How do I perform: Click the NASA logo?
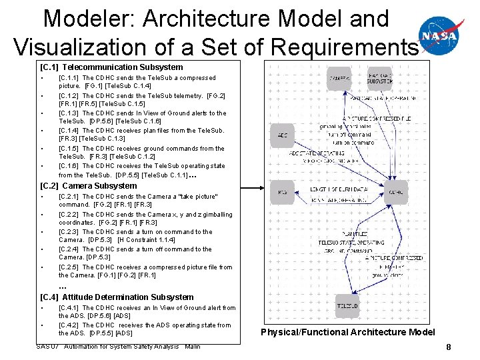tap(441, 35)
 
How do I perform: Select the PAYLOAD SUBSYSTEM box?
tap(398, 79)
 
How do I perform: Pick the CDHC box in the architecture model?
tap(397, 193)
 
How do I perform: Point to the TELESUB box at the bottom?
tap(347, 305)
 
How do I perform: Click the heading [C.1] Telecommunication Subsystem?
tap(111, 67)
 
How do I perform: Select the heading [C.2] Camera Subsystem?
tap(89, 185)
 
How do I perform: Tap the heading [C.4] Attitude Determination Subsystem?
tap(117, 297)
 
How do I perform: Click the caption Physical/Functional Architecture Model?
tap(347, 332)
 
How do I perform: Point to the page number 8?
tap(449, 347)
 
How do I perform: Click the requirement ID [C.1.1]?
tap(69, 78)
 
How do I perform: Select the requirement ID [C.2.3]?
tap(69, 232)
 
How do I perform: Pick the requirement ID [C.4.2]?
tap(69, 325)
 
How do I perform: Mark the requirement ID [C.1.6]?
tap(69, 166)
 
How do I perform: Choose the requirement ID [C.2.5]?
tap(69, 267)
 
